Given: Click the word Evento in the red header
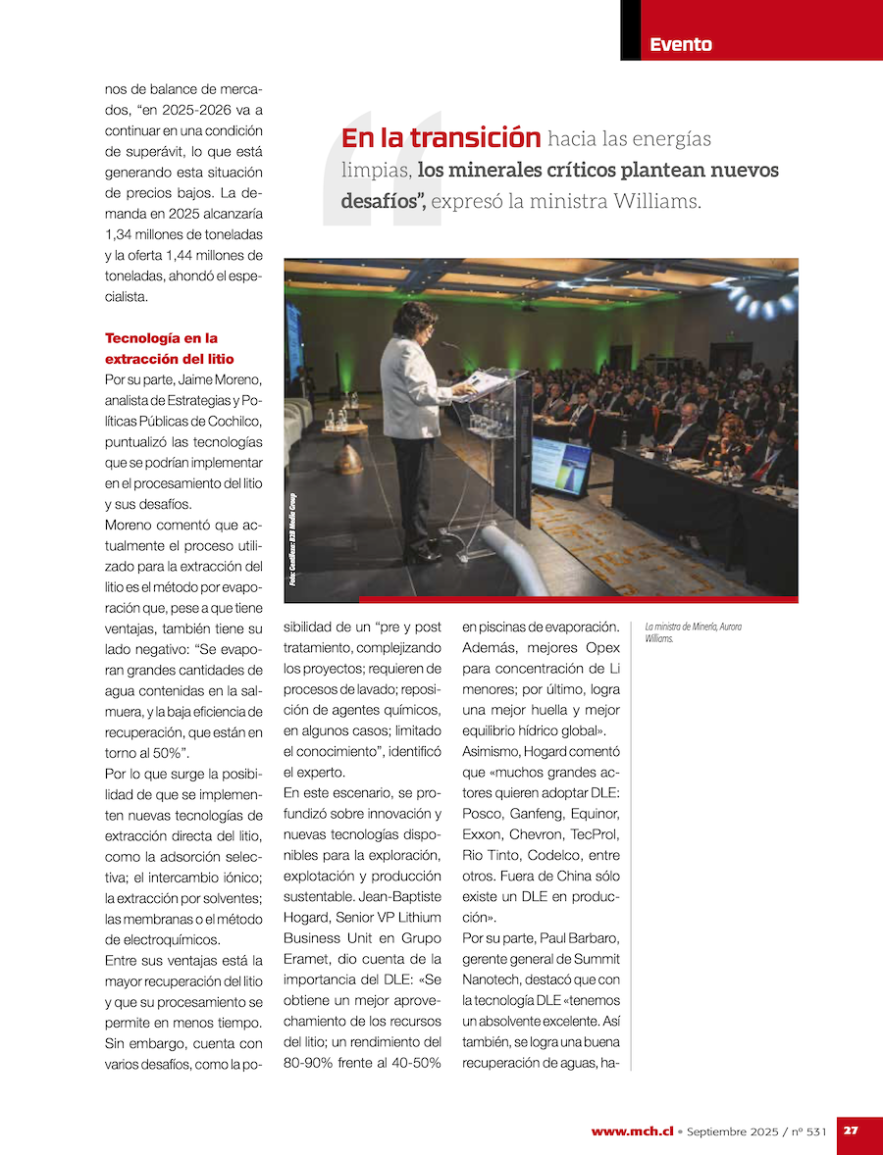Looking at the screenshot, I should (680, 44).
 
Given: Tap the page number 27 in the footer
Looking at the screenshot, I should (851, 1130).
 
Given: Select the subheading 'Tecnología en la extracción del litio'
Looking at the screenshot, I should (170, 348).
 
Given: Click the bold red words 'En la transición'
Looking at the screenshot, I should (441, 138).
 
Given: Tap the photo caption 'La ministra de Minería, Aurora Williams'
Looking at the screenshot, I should (693, 632).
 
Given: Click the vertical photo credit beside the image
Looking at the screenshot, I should (292, 539).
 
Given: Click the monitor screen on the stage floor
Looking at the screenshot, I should (560, 463).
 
